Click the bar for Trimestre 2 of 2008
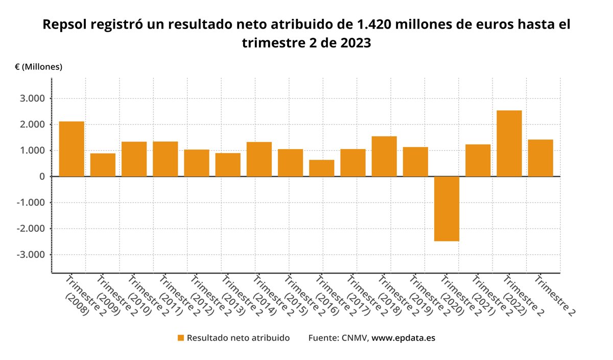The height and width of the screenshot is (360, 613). [72, 149]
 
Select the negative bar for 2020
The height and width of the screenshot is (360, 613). [447, 209]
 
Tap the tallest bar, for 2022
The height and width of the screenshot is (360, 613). [509, 143]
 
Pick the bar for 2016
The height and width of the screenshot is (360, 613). [322, 168]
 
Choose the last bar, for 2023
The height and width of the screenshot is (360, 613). [540, 158]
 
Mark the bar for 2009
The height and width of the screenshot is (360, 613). [103, 165]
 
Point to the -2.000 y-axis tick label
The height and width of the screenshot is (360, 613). [31, 229]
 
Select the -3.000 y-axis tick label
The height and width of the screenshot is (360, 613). [31, 255]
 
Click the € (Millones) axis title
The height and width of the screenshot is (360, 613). [38, 67]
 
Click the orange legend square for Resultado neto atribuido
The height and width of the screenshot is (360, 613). [180, 338]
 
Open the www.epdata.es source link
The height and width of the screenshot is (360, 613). [404, 338]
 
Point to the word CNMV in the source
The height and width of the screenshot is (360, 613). [354, 338]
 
